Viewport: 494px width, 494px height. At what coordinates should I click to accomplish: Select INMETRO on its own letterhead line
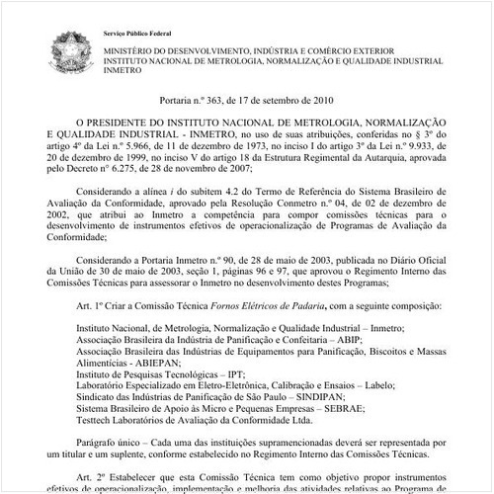pyautogui.click(x=119, y=71)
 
